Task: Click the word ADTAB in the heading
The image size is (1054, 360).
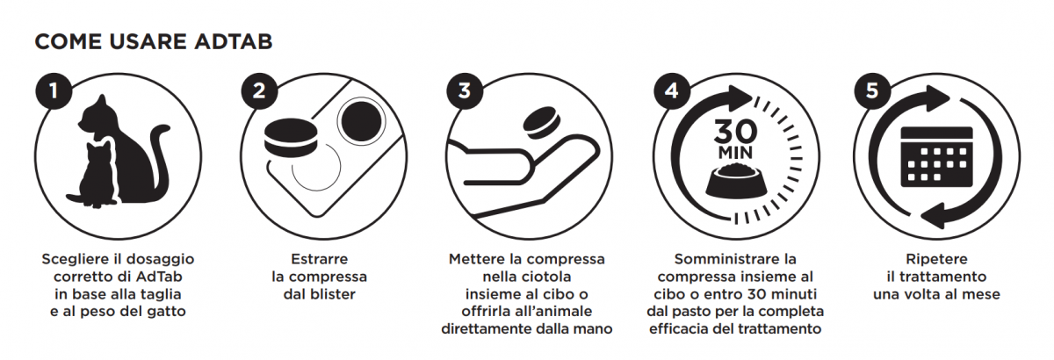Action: click(234, 41)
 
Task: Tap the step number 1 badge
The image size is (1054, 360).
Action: click(54, 90)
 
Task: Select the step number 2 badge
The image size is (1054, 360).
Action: click(259, 90)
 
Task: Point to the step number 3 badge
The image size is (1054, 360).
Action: click(465, 90)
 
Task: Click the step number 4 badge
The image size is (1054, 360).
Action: click(672, 90)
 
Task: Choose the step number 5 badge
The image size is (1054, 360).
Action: click(872, 90)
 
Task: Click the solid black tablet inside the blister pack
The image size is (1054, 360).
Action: click(360, 120)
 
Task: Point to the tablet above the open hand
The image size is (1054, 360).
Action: click(542, 123)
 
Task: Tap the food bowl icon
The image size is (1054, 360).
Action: click(736, 181)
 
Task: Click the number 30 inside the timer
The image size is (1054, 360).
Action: click(735, 132)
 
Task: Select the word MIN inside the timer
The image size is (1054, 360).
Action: click(735, 153)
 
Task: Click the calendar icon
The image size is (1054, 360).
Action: click(936, 157)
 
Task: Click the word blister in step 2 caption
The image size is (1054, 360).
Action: click(332, 294)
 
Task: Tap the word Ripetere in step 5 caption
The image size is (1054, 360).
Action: click(936, 259)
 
